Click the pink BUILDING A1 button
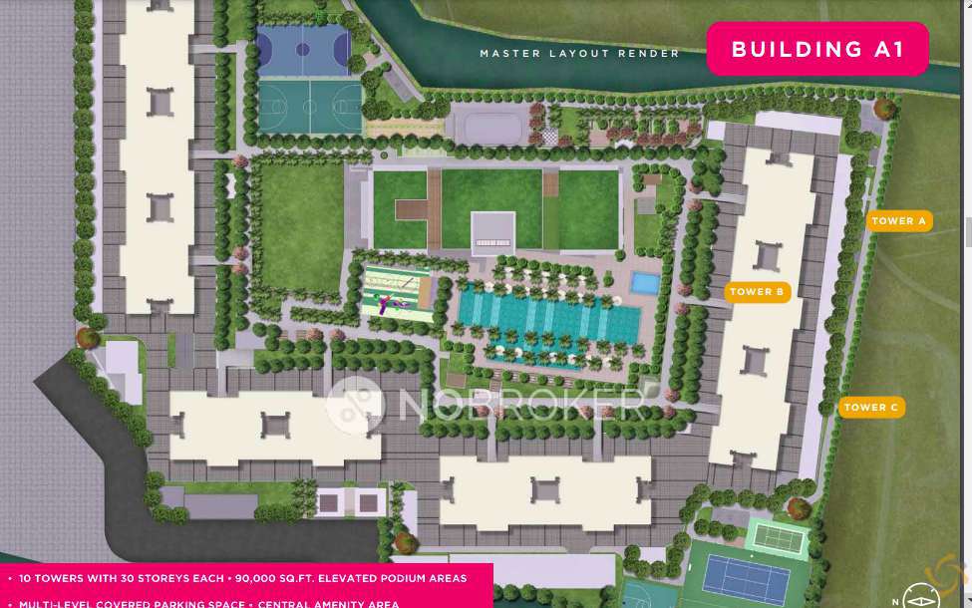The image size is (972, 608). (817, 49)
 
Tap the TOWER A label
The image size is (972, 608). (899, 221)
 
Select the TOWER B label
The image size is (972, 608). (758, 292)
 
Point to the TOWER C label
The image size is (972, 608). (871, 407)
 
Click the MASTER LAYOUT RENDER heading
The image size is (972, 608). (579, 54)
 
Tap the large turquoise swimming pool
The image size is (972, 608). (548, 320)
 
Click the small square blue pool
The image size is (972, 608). (645, 283)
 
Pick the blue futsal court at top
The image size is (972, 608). (303, 51)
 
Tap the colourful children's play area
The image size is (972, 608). (396, 291)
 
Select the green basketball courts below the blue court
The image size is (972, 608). (311, 105)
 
